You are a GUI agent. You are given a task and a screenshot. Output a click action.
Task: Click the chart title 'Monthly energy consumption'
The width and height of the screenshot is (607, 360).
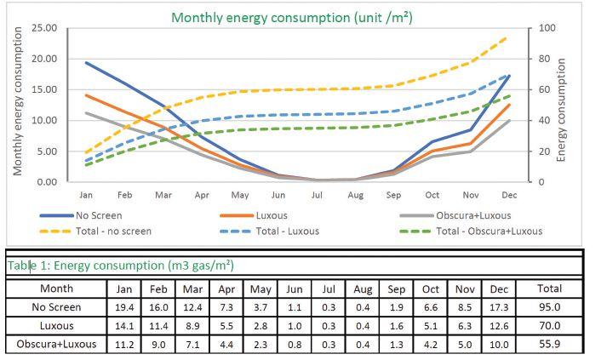291,18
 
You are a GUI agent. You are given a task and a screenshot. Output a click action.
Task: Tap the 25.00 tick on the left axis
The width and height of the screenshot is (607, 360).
44,29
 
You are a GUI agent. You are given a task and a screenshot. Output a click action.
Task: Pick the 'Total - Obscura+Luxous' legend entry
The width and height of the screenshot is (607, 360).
489,231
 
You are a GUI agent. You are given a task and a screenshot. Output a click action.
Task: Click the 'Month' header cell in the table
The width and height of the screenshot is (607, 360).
56,289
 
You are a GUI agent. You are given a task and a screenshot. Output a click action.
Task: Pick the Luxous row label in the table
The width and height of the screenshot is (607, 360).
56,325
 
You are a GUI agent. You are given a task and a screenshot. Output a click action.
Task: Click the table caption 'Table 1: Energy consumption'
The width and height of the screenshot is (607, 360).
119,266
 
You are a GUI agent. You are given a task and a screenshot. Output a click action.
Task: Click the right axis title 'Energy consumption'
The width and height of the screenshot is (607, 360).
562,104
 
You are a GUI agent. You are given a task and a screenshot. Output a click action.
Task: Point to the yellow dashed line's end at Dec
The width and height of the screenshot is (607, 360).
508,37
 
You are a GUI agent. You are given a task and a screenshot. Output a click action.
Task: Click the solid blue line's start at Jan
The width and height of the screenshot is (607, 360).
86,62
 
